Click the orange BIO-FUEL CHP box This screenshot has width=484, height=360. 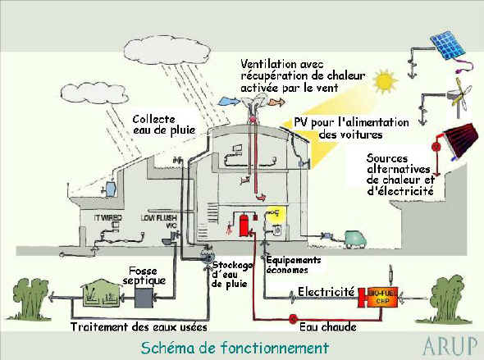pos(376,297)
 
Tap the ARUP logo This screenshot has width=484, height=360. pos(449,345)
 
